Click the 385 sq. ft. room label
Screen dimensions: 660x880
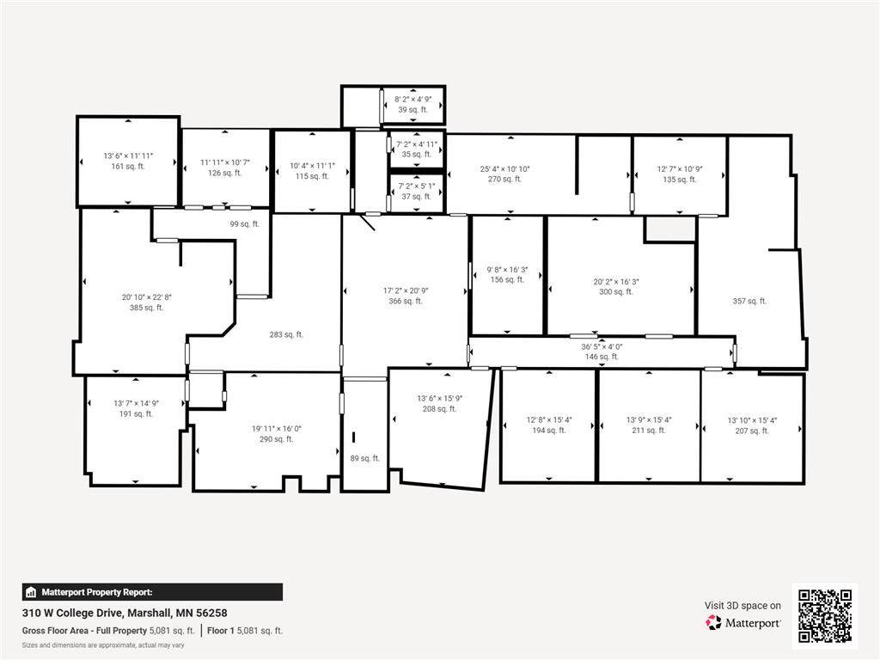(x=146, y=308)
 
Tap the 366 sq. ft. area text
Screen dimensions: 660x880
(x=406, y=302)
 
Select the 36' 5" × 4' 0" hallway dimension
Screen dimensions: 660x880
(x=602, y=347)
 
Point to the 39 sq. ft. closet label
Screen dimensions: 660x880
(x=412, y=110)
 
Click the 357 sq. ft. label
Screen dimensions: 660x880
(x=749, y=301)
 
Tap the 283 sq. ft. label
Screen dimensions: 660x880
(x=286, y=335)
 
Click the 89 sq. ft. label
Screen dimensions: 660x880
(x=364, y=459)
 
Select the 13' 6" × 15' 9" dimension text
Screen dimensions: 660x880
(x=440, y=398)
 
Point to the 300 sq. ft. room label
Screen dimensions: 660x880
(x=616, y=292)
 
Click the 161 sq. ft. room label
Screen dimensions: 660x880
(x=128, y=167)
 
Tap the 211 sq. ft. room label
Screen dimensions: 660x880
(x=649, y=431)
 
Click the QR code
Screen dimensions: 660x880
(x=824, y=615)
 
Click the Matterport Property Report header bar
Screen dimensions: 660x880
(x=152, y=592)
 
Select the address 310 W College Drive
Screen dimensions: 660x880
(x=125, y=614)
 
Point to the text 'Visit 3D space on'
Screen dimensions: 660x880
(x=743, y=606)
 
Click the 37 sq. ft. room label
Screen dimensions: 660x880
(x=417, y=197)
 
